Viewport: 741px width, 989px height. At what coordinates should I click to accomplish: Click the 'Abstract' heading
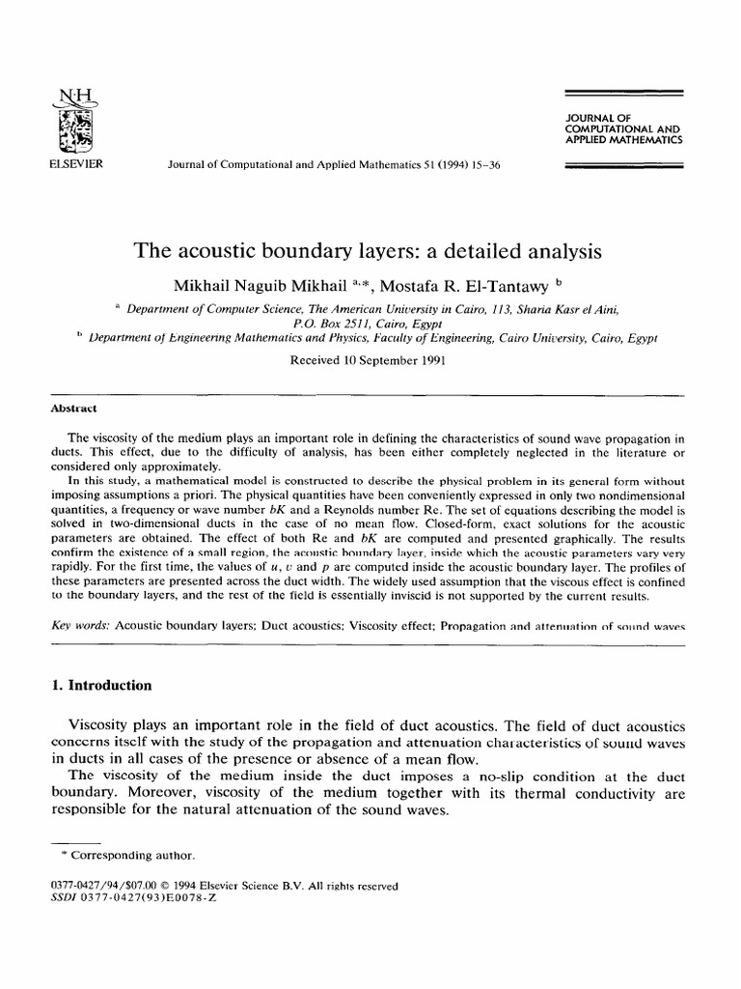[73, 409]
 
